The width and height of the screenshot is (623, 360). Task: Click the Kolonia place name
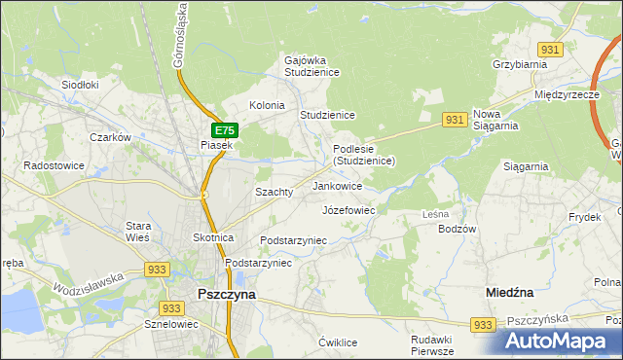(x=267, y=105)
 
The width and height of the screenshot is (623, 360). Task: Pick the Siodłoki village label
(x=81, y=85)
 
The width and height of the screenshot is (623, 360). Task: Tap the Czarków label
(x=110, y=137)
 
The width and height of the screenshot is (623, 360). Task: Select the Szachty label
(x=274, y=192)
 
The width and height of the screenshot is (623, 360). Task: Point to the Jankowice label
(x=338, y=185)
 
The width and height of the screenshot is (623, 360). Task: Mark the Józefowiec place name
(x=348, y=209)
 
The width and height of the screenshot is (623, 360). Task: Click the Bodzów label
(x=458, y=229)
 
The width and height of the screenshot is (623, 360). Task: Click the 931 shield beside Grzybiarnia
(x=551, y=50)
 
